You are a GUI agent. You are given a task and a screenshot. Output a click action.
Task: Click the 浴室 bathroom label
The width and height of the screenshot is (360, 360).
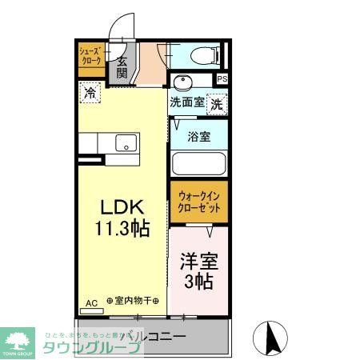(x=199, y=136)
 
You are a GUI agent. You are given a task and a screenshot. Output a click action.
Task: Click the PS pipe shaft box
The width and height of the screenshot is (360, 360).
(x=222, y=78)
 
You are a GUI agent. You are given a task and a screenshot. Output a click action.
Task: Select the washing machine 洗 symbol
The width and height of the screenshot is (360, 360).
(x=217, y=103)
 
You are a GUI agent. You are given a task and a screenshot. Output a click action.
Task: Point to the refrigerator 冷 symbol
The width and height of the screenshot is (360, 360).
(x=90, y=93)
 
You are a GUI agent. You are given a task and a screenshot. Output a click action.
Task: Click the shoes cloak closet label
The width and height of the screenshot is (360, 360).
(x=89, y=56)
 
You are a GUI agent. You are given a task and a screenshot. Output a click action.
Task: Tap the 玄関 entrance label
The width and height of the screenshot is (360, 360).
(x=122, y=67)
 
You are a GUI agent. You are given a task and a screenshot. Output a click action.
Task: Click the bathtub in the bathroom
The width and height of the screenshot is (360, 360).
(x=198, y=163)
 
